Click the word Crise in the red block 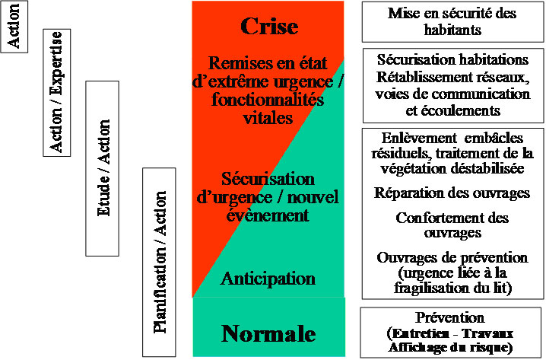pos(268,27)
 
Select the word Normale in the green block pos(268,333)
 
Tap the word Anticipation pos(268,279)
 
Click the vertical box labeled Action pos(14,27)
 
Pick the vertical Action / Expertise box pos(57,91)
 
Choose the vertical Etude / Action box pos(105,167)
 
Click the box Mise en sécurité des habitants pos(453,21)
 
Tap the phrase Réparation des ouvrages pos(452,193)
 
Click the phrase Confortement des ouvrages pos(452,225)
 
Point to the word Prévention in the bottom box pos(452,317)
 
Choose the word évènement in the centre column pos(269,215)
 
